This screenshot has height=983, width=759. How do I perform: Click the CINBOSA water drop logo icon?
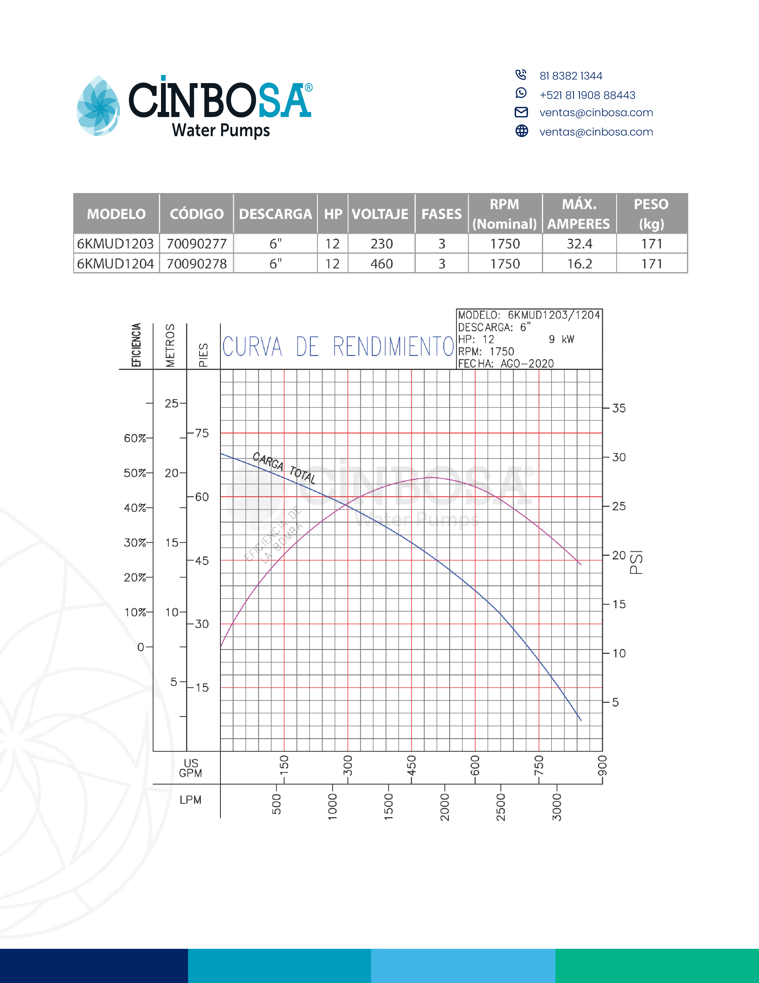click(99, 106)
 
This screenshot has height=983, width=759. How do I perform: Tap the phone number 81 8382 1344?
click(571, 76)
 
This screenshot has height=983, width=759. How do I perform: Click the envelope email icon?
click(521, 112)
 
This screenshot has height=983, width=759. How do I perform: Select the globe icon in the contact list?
click(521, 131)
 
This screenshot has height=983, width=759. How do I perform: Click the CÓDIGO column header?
click(196, 214)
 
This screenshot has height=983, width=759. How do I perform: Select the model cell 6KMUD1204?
click(115, 264)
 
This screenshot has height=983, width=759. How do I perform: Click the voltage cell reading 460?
click(381, 264)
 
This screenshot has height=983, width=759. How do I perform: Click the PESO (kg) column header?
click(651, 214)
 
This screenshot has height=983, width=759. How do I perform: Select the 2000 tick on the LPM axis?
click(445, 807)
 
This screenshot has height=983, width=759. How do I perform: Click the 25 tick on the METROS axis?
click(171, 404)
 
